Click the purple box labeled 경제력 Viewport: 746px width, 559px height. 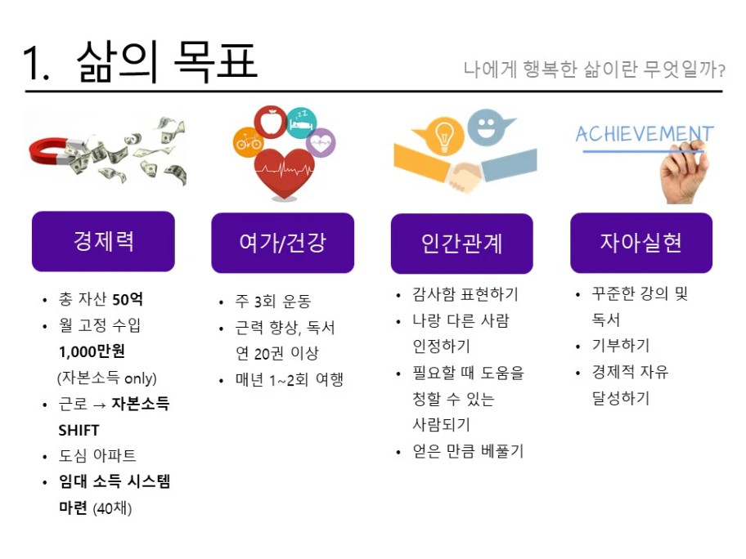pyautogui.click(x=103, y=241)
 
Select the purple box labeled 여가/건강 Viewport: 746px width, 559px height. pyautogui.click(x=282, y=243)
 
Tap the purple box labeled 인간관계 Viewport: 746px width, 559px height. pyautogui.click(x=462, y=244)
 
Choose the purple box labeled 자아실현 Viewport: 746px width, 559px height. pyautogui.click(x=641, y=243)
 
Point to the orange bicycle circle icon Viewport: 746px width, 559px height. pyautogui.click(x=248, y=141)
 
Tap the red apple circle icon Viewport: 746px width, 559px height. pyautogui.click(x=270, y=122)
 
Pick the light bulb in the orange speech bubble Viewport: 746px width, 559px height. pyautogui.click(x=443, y=135)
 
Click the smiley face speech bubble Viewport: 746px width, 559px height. pyautogui.click(x=488, y=127)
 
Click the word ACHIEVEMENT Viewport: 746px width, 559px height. pyautogui.click(x=645, y=134)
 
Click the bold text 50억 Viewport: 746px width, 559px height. pyautogui.click(x=127, y=299)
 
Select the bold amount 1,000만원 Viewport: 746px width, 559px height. pyautogui.click(x=92, y=351)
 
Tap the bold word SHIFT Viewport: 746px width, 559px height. pyautogui.click(x=79, y=430)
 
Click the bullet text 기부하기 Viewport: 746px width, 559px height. pyautogui.click(x=620, y=346)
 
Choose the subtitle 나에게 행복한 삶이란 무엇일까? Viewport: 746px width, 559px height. pyautogui.click(x=594, y=69)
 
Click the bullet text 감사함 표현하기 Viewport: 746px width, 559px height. pyautogui.click(x=465, y=294)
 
